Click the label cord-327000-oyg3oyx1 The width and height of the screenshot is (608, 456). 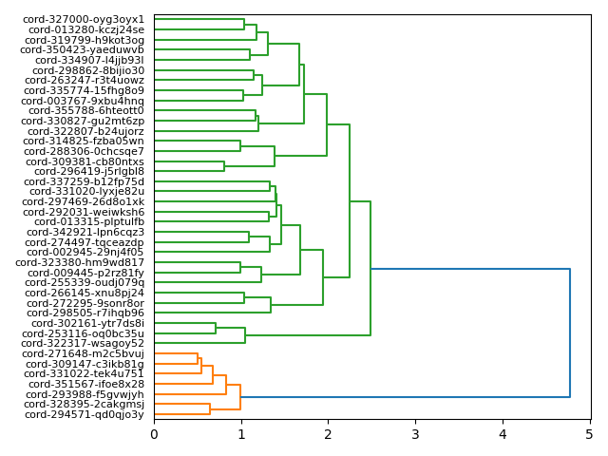[84, 19]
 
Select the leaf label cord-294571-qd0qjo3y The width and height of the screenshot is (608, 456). [85, 414]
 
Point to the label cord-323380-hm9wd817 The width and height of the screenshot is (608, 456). [85, 263]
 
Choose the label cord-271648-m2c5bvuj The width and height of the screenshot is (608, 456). [85, 353]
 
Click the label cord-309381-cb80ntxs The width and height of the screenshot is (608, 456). [85, 161]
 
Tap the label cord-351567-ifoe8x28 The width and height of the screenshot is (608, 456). [85, 384]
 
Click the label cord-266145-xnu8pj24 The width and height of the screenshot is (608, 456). [85, 293]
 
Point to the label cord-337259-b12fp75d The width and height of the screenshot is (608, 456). [84, 181]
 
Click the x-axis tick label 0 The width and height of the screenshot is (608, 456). [154, 435]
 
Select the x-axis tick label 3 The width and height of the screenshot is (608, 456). [415, 435]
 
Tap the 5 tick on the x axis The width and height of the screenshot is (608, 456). [589, 435]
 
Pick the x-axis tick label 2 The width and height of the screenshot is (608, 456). [328, 435]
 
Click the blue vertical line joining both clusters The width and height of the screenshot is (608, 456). [570, 332]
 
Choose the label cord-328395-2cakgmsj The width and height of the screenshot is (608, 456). [85, 405]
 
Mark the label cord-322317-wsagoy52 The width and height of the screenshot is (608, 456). [84, 344]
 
